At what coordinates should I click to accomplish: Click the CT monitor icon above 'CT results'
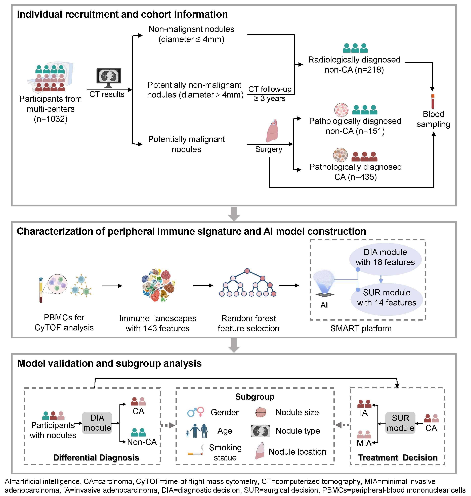click(109, 77)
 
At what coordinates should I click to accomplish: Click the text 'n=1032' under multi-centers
click(51, 119)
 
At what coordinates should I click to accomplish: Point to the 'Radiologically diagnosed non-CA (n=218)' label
click(354, 65)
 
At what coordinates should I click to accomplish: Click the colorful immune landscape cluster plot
click(158, 285)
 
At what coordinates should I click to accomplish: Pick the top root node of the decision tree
click(247, 271)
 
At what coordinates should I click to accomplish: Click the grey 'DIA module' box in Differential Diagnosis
click(97, 423)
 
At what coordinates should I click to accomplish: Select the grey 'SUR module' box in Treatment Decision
click(400, 423)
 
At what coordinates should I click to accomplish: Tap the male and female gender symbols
click(196, 412)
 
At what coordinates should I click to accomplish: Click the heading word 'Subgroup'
click(255, 397)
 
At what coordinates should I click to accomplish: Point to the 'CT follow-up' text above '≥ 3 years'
click(270, 89)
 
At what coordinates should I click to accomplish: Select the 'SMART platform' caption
click(361, 328)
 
